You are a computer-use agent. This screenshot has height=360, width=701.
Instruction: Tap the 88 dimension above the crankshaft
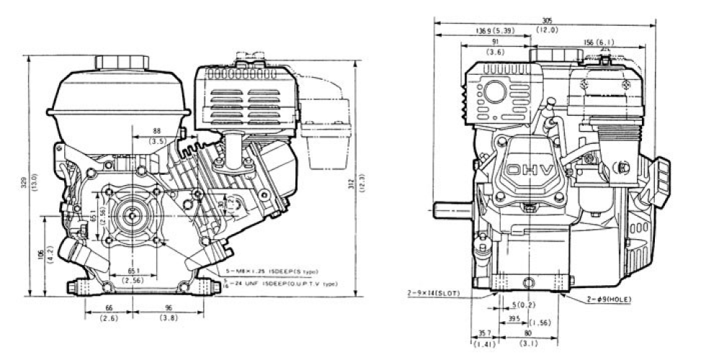pos(156,130)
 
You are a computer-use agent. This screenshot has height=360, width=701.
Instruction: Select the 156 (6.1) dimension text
pos(602,42)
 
